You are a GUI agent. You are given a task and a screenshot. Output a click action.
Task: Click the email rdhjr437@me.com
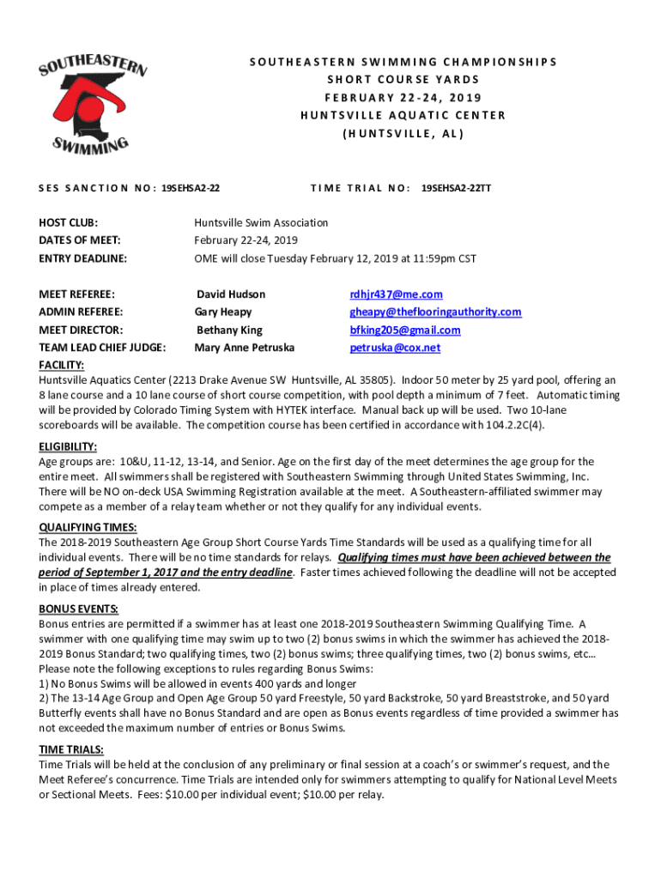coord(396,294)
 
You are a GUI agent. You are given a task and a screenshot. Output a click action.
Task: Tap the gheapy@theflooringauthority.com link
coord(435,312)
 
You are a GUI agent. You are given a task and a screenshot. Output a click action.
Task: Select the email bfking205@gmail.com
coord(405,330)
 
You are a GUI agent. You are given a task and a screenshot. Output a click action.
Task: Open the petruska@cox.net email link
coord(395,348)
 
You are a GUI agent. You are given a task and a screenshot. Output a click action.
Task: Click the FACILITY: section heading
coord(63,365)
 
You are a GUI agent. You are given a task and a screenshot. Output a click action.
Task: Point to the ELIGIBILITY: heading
coord(68,447)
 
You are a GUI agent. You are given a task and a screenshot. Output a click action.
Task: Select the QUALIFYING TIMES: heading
coord(88,528)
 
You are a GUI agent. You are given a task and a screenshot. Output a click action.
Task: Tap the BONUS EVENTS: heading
coord(78,609)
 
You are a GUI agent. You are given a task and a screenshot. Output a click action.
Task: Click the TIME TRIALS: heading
coord(71,749)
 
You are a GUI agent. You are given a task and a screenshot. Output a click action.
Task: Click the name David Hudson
coord(231,294)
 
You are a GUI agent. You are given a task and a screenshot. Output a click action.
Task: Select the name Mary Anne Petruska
coord(245,348)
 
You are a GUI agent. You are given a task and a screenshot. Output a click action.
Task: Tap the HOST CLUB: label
coord(68,222)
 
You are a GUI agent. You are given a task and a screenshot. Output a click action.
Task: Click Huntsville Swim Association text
coord(261,222)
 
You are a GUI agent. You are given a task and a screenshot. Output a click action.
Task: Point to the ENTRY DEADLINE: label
coord(82,258)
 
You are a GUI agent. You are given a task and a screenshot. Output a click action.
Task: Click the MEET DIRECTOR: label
coord(81,330)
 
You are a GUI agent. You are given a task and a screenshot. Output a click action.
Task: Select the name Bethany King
coord(229,330)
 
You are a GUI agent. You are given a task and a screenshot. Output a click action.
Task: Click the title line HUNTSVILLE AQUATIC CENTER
coord(403,115)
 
